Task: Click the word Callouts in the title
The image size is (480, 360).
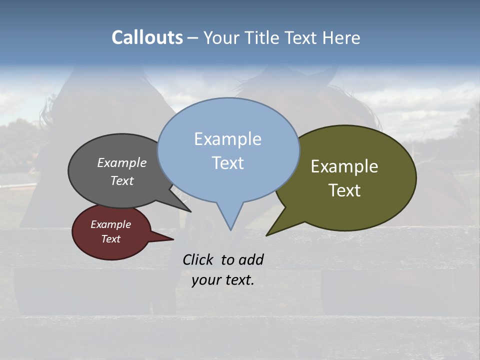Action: point(147,37)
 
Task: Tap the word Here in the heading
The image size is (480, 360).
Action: point(341,37)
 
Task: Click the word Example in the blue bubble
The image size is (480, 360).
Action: point(227,139)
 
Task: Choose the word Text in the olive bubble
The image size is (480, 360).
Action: point(344,190)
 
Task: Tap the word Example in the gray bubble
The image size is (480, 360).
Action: point(121,162)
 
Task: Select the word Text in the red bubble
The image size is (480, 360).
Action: point(110,239)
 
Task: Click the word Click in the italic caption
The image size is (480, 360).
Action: point(199,259)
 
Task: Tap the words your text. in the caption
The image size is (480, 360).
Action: point(222,280)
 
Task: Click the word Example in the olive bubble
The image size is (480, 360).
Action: point(344,166)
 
